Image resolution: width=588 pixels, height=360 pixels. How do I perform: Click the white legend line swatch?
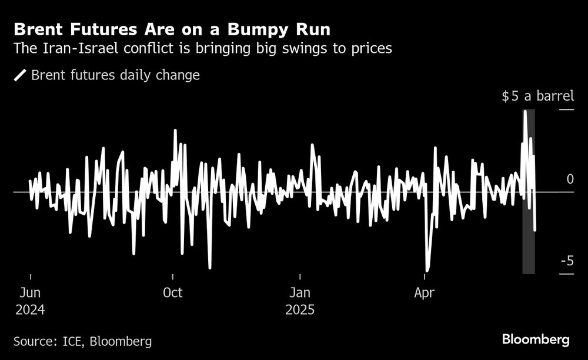click(x=20, y=75)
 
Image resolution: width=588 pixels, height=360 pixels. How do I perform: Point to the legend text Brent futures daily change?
click(x=115, y=75)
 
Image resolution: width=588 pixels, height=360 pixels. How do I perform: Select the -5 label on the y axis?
click(x=566, y=261)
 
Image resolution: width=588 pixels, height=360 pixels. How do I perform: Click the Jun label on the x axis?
click(x=30, y=292)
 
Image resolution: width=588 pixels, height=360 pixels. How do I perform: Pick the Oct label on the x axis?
click(x=173, y=292)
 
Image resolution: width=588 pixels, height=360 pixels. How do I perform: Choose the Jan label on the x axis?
click(x=300, y=292)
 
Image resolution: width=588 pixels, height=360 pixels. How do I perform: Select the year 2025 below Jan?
click(x=300, y=309)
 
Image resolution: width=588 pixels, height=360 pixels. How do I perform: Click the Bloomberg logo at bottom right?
click(x=535, y=339)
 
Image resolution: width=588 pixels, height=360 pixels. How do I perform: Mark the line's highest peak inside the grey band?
click(x=526, y=111)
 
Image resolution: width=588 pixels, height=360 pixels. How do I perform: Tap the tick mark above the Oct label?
click(x=173, y=277)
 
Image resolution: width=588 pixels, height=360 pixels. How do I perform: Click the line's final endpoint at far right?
click(x=534, y=231)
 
